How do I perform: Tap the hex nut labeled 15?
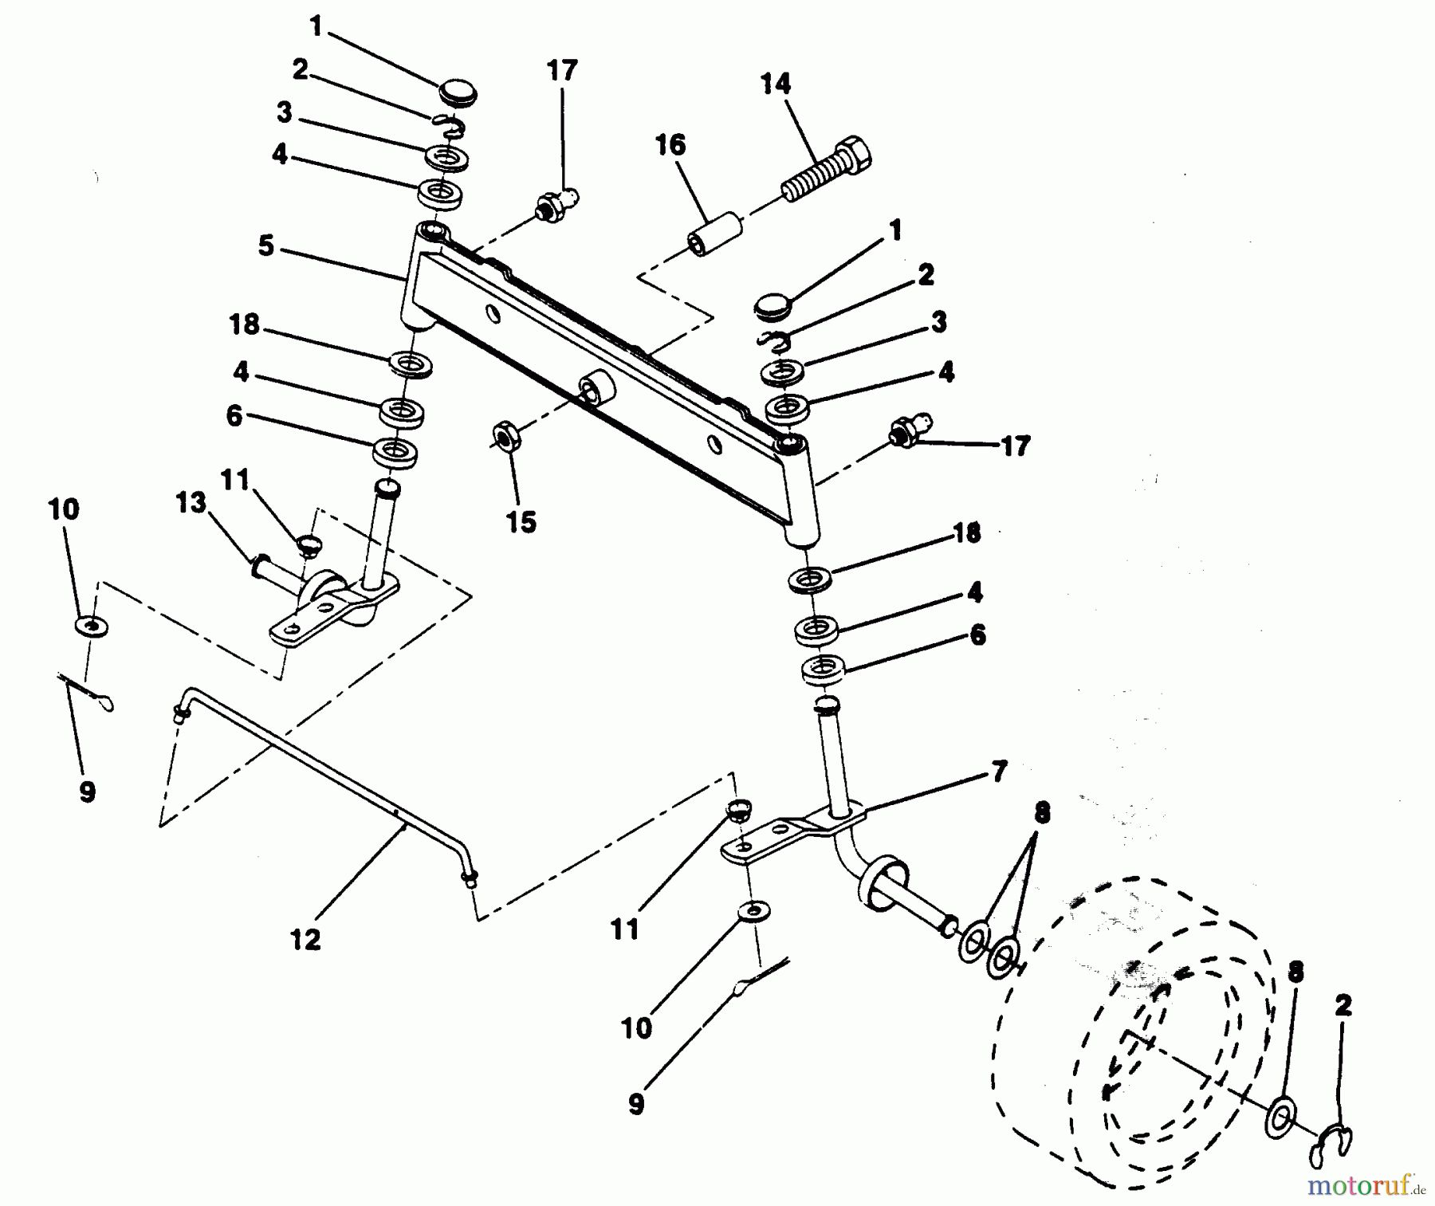[505, 436]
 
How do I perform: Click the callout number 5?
[266, 246]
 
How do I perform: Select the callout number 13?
[191, 503]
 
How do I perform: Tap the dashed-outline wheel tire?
[1132, 1036]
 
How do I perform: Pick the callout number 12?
[306, 939]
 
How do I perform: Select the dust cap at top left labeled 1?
[456, 91]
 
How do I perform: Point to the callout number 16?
[670, 145]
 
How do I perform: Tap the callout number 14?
[776, 83]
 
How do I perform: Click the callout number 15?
[521, 522]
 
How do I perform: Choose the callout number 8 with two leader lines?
[1042, 813]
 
